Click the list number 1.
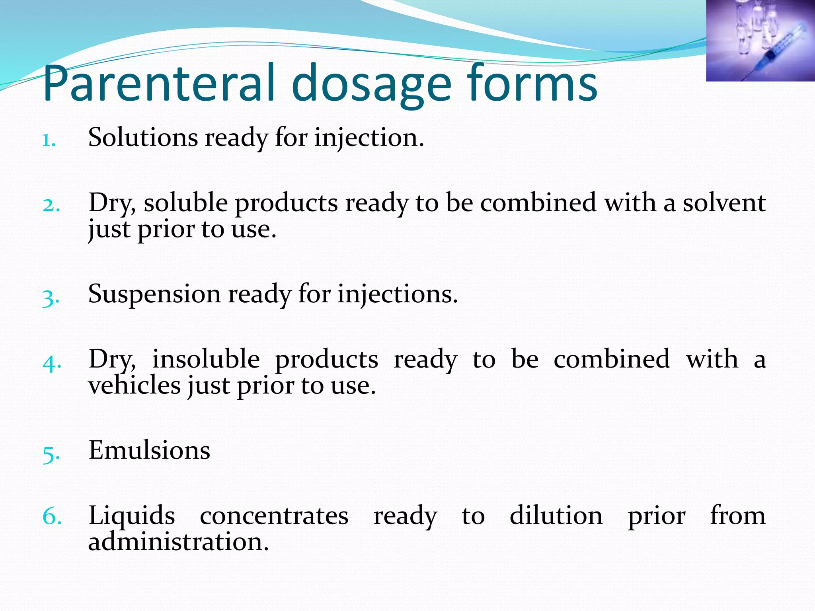click(49, 140)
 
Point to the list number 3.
click(51, 297)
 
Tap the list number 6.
click(52, 517)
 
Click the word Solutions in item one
click(143, 137)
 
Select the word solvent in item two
click(724, 202)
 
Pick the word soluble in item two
click(185, 202)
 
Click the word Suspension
click(154, 294)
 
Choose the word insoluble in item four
click(206, 359)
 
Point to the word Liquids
click(131, 516)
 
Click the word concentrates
click(274, 516)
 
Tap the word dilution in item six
click(556, 516)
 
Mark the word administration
click(178, 541)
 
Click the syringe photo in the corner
click(760, 40)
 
